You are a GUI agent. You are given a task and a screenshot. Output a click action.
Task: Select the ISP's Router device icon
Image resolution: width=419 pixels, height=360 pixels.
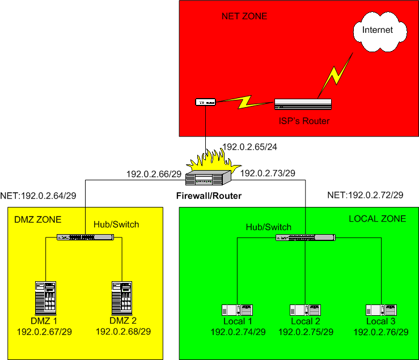pyautogui.click(x=303, y=104)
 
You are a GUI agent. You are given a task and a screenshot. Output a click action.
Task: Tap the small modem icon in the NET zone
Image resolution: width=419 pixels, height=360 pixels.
pyautogui.click(x=206, y=103)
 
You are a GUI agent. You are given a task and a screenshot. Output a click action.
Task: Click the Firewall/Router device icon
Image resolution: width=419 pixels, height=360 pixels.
pyautogui.click(x=208, y=178)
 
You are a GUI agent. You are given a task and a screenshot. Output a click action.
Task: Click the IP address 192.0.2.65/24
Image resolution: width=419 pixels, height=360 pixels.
pyautogui.click(x=250, y=146)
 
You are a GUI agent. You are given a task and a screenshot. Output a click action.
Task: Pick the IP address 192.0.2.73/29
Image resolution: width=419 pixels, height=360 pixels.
pyautogui.click(x=268, y=173)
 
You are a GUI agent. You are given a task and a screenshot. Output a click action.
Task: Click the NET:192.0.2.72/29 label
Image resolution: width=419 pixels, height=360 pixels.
pyautogui.click(x=365, y=195)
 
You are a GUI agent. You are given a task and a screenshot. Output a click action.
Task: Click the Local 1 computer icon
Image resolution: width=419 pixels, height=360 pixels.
pyautogui.click(x=237, y=310)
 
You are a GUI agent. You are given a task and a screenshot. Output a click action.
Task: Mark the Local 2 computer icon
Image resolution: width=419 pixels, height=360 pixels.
pyautogui.click(x=305, y=310)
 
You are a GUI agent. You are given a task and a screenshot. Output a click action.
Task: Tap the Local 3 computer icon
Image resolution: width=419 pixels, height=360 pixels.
pyautogui.click(x=380, y=310)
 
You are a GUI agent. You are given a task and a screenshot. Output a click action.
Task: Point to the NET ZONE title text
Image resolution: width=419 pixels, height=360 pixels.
pyautogui.click(x=244, y=17)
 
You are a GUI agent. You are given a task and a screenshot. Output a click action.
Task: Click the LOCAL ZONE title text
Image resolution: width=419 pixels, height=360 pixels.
pyautogui.click(x=377, y=219)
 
